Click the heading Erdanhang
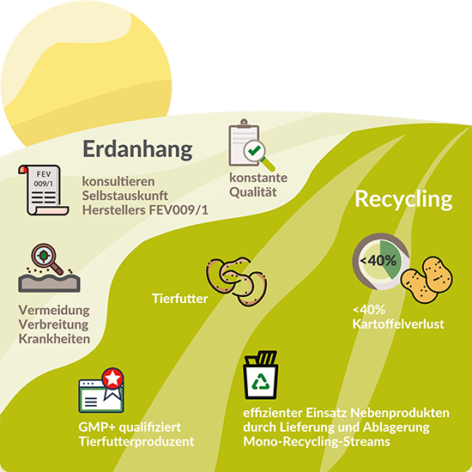[x=137, y=149]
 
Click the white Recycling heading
[x=403, y=200]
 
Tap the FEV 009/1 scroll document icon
[x=44, y=190]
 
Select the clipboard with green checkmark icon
[x=251, y=145]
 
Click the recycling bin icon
[x=261, y=375]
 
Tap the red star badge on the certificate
[x=113, y=378]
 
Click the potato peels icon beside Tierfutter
[x=237, y=281]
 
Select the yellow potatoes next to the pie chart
[x=427, y=280]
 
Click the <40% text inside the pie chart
[x=378, y=261]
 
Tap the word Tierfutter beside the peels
[x=180, y=299]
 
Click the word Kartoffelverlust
[x=398, y=324]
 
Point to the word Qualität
[x=253, y=192]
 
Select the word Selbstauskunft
[x=125, y=196]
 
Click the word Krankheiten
[x=54, y=339]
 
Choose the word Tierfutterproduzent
[x=136, y=442]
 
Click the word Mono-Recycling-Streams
[x=317, y=442]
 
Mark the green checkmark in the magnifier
[x=255, y=150]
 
